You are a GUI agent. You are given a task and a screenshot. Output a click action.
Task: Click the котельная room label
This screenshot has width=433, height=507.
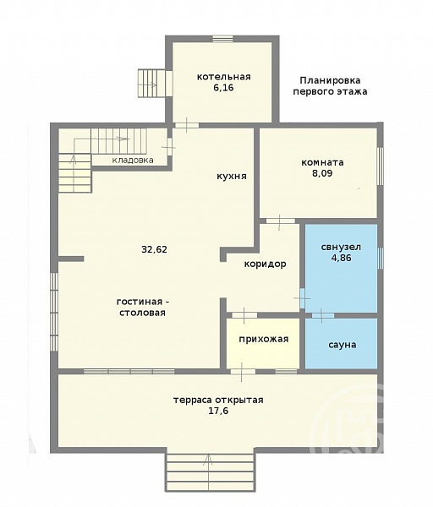pos(224,77)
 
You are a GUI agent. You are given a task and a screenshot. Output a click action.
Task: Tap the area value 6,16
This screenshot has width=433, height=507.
pos(223,88)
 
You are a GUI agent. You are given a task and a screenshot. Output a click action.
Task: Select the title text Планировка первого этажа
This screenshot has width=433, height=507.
pos(330,85)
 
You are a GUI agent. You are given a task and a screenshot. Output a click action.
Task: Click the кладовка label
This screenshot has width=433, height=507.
pos(133,160)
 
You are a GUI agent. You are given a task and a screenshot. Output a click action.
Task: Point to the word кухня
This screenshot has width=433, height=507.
pos(232,177)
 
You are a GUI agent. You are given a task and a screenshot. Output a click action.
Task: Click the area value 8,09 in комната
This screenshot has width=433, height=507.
pos(322,173)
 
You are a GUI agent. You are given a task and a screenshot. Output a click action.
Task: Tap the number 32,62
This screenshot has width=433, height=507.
pos(155,249)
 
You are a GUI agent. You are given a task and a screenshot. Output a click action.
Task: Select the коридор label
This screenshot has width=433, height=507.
pos(265,264)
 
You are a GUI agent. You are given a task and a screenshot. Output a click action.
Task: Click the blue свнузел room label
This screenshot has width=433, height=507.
pos(341,247)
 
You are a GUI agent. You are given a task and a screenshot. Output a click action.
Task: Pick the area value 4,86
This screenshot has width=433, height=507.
pos(341,258)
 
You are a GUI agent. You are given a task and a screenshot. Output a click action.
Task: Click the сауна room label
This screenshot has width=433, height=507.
pos(343,345)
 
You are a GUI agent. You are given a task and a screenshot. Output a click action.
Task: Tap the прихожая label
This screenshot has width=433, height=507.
pos(264,339)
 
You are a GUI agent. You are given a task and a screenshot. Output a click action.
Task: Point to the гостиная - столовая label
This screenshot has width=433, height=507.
pos(143,308)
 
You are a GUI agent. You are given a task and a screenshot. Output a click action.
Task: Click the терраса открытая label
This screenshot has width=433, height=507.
pos(218,400)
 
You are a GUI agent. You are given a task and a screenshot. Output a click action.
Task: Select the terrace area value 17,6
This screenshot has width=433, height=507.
pos(219,411)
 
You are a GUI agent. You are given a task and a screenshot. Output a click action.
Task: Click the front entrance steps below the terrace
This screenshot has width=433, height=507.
pos(210,472)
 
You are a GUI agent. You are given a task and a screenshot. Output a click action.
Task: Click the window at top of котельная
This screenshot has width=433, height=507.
pos(223,39)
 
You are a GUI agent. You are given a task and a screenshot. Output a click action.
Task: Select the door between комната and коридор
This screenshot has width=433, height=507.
pos(280,221)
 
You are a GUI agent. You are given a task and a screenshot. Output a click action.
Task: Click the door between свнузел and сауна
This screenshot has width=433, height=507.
pos(323,315)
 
